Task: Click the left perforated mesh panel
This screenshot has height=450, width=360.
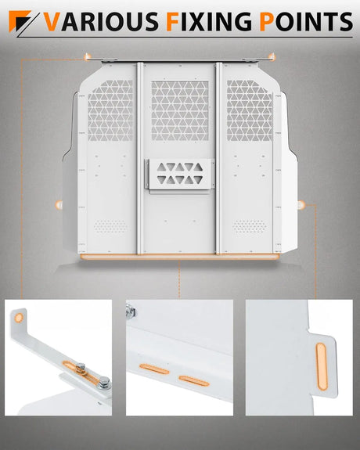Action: point(111,110)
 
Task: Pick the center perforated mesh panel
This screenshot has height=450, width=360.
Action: point(180,110)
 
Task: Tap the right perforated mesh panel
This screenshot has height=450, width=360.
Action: point(249,110)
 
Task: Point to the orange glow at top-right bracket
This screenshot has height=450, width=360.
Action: point(271,56)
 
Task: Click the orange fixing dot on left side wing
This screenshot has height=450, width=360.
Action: point(59,204)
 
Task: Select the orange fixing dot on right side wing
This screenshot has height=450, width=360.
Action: point(302,204)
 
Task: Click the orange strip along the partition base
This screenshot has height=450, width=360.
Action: point(180,256)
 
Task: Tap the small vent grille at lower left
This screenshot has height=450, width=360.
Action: point(111,226)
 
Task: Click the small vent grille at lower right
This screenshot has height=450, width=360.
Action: point(249,226)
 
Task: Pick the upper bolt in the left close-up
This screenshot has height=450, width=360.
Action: point(81,365)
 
